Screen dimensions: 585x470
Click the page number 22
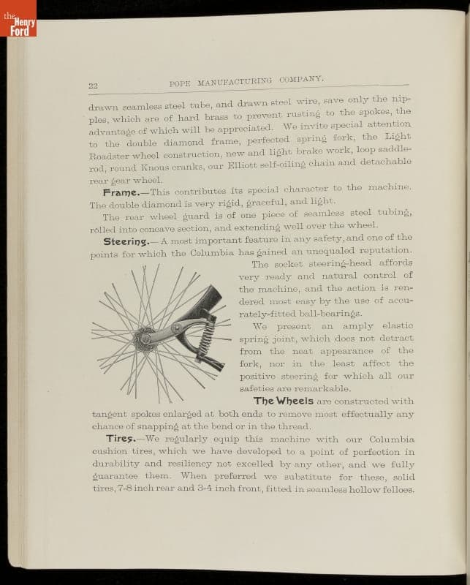coord(93,86)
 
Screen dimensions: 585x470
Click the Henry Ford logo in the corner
coord(18,22)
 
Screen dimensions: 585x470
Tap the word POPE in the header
coord(180,83)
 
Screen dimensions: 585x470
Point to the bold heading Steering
coord(126,241)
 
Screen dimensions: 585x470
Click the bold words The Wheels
coord(284,401)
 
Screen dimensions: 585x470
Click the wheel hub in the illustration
coord(145,339)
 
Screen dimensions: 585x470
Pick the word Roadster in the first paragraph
coord(110,155)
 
